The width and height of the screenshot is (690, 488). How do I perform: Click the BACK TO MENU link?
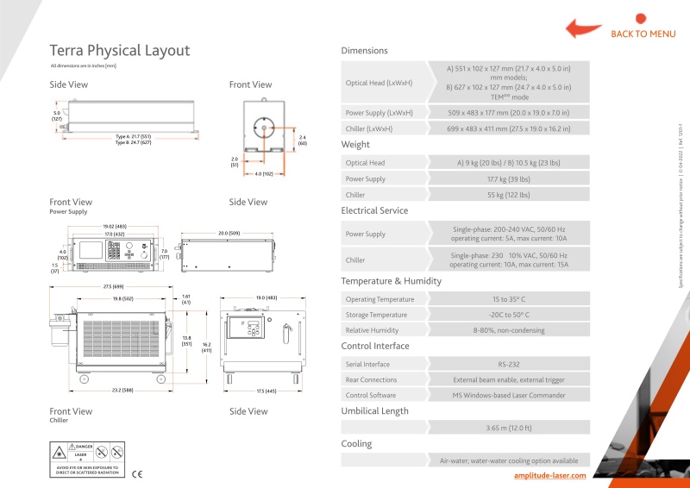click(643, 34)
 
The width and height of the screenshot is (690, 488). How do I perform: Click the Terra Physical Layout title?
click(120, 51)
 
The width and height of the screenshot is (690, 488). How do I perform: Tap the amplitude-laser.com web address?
click(549, 475)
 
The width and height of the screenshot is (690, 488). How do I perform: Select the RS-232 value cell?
click(509, 364)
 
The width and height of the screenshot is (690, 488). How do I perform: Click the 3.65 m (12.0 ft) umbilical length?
click(509, 428)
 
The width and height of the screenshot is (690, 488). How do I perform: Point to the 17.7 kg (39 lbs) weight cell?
click(509, 178)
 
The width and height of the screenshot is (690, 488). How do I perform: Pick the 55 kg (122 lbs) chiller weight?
click(509, 196)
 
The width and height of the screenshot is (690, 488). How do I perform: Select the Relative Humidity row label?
click(373, 330)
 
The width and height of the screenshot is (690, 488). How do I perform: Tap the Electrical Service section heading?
click(374, 210)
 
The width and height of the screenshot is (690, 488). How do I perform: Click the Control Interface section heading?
click(375, 346)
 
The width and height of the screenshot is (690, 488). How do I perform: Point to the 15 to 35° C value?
click(509, 299)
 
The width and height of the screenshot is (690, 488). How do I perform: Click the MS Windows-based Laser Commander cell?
click(509, 395)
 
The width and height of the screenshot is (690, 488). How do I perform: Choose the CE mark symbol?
click(136, 473)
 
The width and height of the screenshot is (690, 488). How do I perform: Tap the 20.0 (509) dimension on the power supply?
click(228, 233)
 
